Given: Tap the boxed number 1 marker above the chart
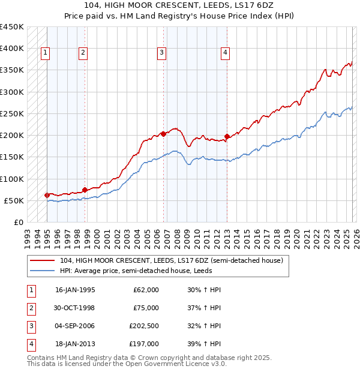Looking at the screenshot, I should (x=46, y=53).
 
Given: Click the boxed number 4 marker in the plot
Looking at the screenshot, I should (x=225, y=53).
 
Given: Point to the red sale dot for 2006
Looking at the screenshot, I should (x=163, y=134).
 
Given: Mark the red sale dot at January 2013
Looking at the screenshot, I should (x=227, y=136).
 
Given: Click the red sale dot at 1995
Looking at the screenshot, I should (x=47, y=195).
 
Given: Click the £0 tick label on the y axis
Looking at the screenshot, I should (x=18, y=222).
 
